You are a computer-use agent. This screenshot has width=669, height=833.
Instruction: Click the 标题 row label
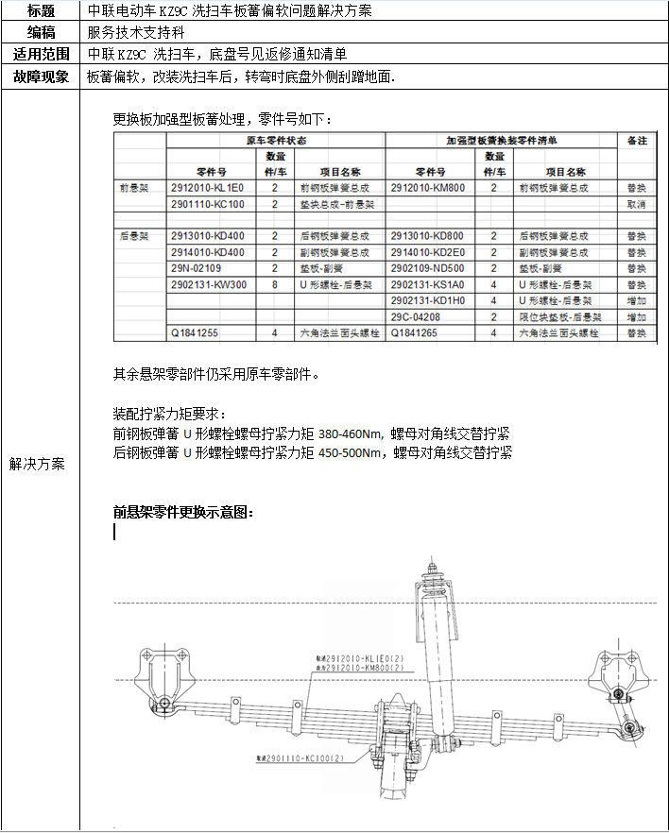40,11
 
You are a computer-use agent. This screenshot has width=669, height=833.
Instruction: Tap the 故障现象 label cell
40,76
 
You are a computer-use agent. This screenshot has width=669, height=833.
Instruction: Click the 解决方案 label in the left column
38,464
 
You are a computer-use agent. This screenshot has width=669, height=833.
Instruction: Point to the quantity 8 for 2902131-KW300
275,284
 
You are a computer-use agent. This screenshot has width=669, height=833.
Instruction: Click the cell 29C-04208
417,316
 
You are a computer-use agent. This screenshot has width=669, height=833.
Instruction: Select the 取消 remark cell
636,204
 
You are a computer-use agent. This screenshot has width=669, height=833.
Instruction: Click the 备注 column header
636,140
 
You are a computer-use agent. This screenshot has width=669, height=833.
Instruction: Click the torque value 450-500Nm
352,452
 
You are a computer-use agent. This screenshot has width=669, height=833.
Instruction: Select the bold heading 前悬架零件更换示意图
183,513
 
